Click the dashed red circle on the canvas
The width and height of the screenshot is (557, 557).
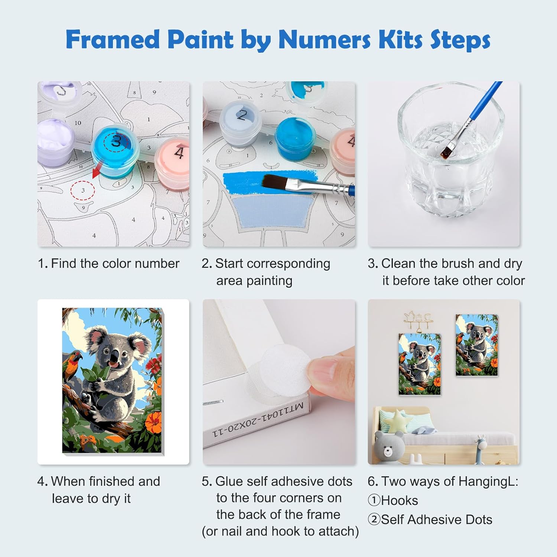[x=83, y=190]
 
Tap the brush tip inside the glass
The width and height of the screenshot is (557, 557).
[x=446, y=152]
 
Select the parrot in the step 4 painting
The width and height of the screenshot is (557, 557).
[x=72, y=365]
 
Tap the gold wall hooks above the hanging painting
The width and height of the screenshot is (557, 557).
[x=418, y=319]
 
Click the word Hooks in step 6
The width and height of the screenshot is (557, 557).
[x=400, y=501]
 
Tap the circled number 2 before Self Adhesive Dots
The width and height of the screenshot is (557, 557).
[x=374, y=519]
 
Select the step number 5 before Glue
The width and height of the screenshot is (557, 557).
[x=206, y=482]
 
